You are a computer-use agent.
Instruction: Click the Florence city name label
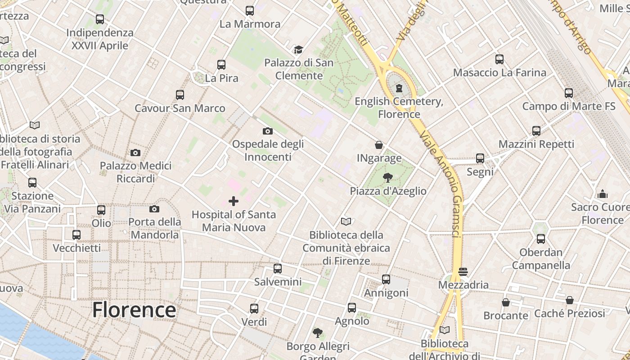tap(134, 310)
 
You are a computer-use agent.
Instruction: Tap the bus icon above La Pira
tap(221, 64)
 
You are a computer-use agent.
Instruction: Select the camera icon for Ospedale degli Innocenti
tap(267, 131)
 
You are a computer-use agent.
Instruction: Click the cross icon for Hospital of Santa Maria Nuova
tap(234, 201)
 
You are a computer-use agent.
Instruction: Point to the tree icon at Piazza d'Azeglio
tap(387, 178)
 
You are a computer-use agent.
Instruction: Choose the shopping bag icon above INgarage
tap(379, 145)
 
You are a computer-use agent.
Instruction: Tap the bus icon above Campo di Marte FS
tap(568, 93)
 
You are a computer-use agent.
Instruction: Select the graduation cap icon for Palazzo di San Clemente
tap(298, 49)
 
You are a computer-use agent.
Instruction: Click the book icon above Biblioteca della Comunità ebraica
tap(346, 221)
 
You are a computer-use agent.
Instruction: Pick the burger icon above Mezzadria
tap(463, 272)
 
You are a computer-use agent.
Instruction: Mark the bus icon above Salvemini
tap(278, 269)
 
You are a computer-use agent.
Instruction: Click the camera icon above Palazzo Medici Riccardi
tap(135, 153)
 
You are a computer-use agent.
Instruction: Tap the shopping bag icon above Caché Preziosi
tap(569, 300)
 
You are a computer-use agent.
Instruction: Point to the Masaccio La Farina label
tap(499, 72)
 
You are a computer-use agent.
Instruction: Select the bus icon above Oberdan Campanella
tap(540, 239)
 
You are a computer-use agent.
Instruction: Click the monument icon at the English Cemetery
tap(399, 88)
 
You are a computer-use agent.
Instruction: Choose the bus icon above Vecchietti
tap(76, 235)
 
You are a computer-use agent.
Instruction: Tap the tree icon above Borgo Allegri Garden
tap(318, 333)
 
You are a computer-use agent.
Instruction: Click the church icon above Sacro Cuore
tap(602, 194)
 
